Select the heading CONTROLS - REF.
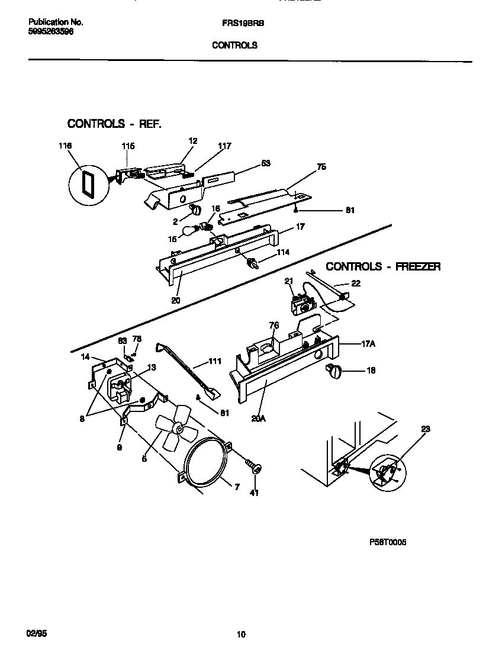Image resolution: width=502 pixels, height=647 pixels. [114, 124]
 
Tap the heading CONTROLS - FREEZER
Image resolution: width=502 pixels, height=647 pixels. [383, 267]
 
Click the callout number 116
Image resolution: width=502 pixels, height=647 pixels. [65, 146]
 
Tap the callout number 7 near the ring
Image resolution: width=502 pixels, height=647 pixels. [236, 487]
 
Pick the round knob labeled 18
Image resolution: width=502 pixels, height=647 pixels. [334, 372]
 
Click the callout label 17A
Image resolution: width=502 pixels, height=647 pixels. [370, 343]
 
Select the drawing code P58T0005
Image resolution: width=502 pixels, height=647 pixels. [387, 542]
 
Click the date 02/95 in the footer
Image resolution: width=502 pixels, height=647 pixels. [37, 633]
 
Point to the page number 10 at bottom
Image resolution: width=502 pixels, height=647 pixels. [240, 635]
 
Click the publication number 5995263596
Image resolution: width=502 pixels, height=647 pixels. [51, 32]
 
